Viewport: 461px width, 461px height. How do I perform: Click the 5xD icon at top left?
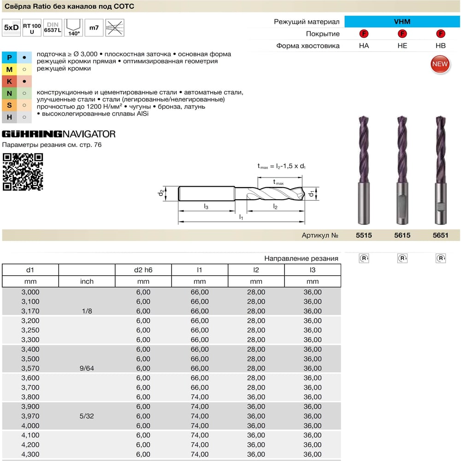pyautogui.click(x=11, y=28)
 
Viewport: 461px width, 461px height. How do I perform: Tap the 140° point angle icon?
pyautogui.click(x=73, y=28)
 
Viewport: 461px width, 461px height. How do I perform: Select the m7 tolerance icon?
pyautogui.click(x=94, y=28)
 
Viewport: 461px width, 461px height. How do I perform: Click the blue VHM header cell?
pyautogui.click(x=402, y=22)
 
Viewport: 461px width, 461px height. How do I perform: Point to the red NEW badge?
pyautogui.click(x=440, y=64)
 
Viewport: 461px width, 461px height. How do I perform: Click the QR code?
pyautogui.click(x=23, y=171)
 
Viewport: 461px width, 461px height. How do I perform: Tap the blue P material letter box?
pyautogui.click(x=9, y=57)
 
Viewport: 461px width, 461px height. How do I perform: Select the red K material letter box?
pyautogui.click(x=9, y=82)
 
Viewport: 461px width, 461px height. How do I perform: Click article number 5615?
pyautogui.click(x=402, y=235)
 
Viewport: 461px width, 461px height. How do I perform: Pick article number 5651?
pyautogui.click(x=440, y=235)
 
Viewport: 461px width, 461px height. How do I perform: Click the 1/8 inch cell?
pyautogui.click(x=87, y=311)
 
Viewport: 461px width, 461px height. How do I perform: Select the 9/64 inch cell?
pyautogui.click(x=87, y=368)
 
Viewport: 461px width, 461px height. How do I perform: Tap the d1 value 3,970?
pyautogui.click(x=30, y=416)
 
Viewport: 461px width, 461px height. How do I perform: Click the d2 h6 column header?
pyautogui.click(x=143, y=270)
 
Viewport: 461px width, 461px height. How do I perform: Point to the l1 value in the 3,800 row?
pyautogui.click(x=200, y=397)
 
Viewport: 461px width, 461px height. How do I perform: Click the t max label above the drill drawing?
pyautogui.click(x=278, y=182)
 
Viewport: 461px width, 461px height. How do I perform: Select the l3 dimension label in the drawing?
pyautogui.click(x=206, y=207)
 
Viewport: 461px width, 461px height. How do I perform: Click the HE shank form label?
pyautogui.click(x=402, y=46)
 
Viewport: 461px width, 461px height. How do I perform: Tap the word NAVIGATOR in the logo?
pyautogui.click(x=89, y=134)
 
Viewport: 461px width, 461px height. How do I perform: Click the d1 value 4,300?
pyautogui.click(x=30, y=454)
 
